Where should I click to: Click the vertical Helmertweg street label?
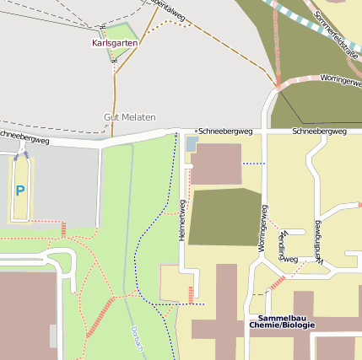tap(182, 221)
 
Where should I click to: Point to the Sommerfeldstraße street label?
tap(336, 34)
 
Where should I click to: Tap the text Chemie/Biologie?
tap(281, 325)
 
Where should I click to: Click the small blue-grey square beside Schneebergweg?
tap(191, 144)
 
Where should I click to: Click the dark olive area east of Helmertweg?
tap(224, 218)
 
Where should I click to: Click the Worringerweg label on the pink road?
tap(340, 78)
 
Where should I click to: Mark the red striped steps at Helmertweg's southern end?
tap(191, 294)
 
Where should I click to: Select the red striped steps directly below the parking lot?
tap(63, 228)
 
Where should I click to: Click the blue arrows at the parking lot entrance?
tap(20, 153)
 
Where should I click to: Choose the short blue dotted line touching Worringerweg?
tap(251, 163)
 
